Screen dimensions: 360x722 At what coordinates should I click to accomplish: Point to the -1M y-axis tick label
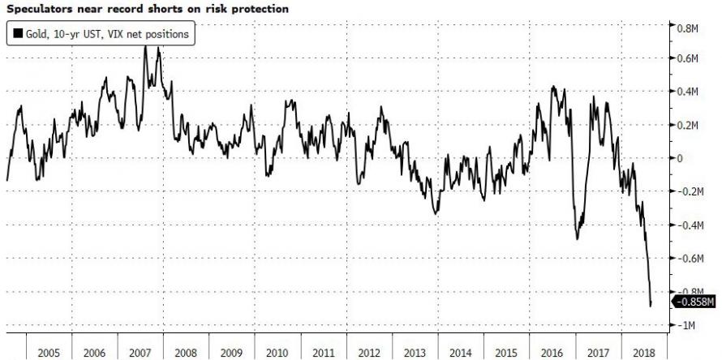(686, 325)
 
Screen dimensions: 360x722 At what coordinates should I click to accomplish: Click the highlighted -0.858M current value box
(695, 302)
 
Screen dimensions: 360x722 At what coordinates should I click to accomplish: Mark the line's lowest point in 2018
(651, 306)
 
